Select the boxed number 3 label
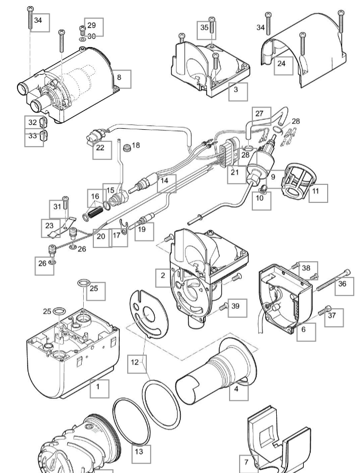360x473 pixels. [236, 91]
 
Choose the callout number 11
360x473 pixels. [317, 192]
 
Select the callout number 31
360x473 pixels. [57, 206]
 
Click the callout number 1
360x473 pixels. [98, 386]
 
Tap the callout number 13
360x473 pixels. [138, 452]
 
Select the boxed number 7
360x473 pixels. [246, 461]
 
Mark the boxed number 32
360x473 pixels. [33, 122]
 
